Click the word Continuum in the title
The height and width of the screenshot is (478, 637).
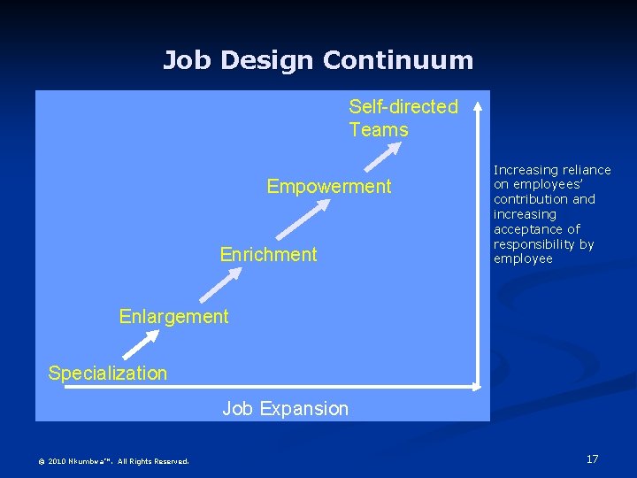[398, 60]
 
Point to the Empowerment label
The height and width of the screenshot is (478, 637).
[328, 187]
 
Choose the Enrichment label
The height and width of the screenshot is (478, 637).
[268, 255]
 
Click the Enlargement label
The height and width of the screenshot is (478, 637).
[173, 316]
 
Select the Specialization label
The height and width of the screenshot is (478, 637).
[107, 373]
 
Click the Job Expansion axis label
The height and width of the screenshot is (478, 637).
[285, 408]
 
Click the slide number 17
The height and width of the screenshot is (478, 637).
[592, 459]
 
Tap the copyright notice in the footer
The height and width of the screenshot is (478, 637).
[113, 460]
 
